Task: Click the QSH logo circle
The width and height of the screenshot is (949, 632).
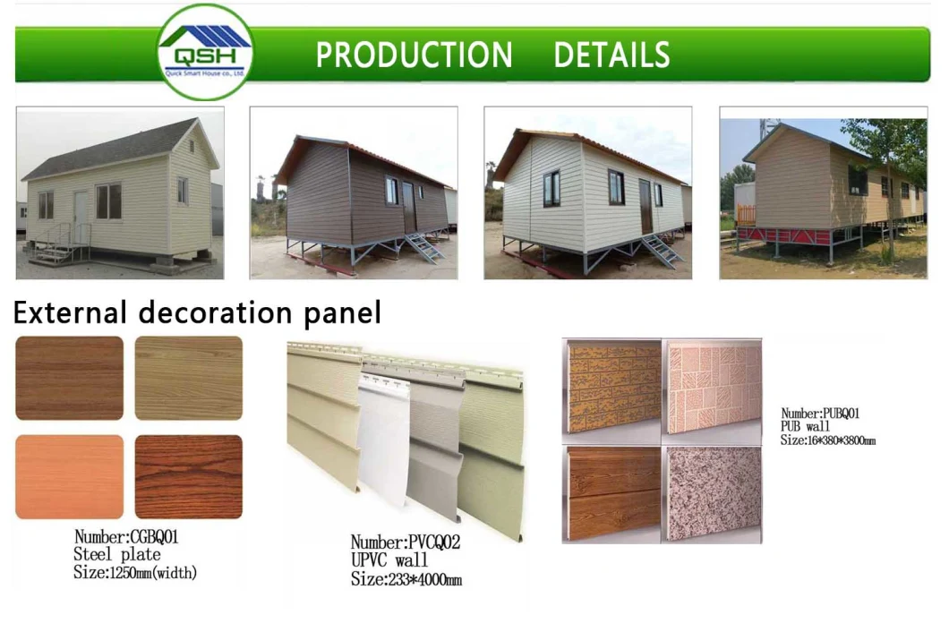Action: pos(205,52)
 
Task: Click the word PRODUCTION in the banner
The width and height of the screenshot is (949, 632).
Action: pos(414,56)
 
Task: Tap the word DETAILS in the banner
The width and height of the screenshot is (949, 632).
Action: pos(611,56)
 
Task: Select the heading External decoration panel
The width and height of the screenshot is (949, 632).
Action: pos(197,313)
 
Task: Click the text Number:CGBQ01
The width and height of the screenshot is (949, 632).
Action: pos(126,537)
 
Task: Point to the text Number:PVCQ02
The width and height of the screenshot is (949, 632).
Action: pos(405,542)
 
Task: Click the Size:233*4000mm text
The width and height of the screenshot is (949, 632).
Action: pos(406,579)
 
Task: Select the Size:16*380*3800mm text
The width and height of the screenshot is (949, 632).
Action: pos(827,440)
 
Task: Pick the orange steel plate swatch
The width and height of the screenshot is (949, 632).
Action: pos(69,476)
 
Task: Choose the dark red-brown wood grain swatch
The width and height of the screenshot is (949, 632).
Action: pos(188,476)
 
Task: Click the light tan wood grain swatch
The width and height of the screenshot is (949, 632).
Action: pos(188,378)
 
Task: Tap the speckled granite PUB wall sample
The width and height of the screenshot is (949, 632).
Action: pos(713,492)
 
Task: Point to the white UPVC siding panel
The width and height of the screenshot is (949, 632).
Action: pos(383,448)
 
